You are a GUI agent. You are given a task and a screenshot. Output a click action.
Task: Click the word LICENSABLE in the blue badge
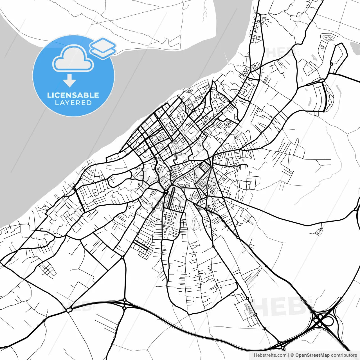point(73,95)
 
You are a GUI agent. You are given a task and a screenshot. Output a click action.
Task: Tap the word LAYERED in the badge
point(73,103)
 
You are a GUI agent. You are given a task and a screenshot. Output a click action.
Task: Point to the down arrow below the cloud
point(69,81)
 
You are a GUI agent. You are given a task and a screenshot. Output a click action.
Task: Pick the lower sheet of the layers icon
point(103,52)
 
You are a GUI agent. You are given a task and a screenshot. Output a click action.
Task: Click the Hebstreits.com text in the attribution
point(270,355)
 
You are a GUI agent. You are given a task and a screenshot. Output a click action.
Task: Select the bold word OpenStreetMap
point(312,355)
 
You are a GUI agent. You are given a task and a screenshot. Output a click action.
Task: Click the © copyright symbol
point(292,355)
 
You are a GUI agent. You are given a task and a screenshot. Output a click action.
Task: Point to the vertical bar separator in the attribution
point(289,355)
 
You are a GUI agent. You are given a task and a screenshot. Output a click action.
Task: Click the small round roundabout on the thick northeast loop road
point(332,64)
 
